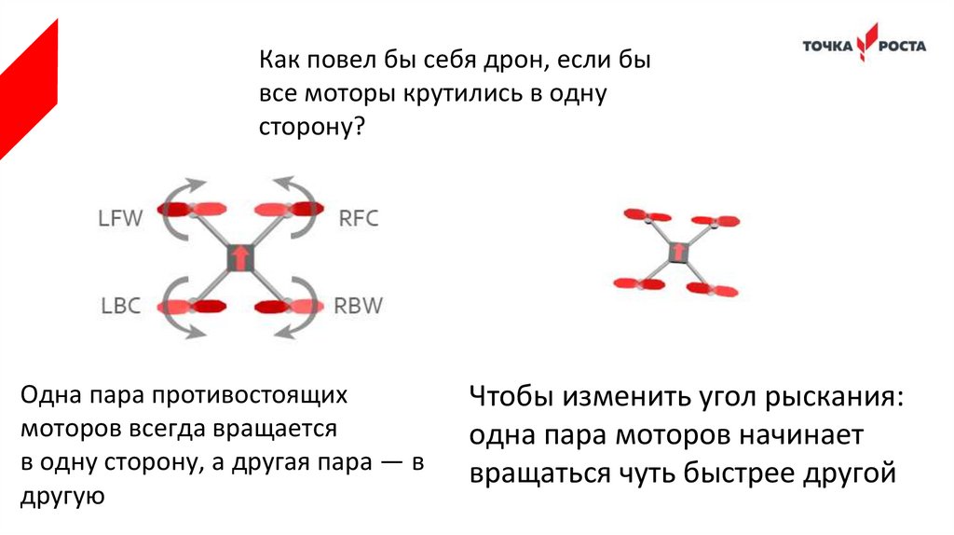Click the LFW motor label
(121, 219)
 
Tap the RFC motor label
(359, 219)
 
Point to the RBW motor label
(359, 306)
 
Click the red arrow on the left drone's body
(240, 257)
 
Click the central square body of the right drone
(678, 252)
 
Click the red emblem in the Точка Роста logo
(868, 45)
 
